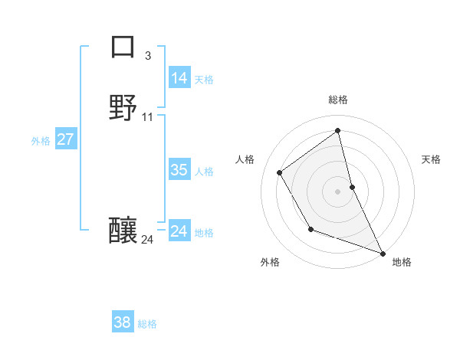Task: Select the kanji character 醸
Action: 123,230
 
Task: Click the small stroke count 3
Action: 147,55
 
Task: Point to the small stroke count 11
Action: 148,117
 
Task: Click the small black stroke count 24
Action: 147,240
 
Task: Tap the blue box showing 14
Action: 179,78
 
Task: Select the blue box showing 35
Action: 179,170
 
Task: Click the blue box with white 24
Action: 179,231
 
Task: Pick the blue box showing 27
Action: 66,139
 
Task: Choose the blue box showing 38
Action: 123,322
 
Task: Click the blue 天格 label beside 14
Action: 204,79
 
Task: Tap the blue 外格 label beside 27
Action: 41,140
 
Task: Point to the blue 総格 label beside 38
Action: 147,323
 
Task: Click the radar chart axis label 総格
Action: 338,100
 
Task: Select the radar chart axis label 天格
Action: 431,159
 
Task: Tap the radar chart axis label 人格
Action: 245,159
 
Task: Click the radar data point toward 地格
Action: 383,253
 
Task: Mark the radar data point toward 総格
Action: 338,131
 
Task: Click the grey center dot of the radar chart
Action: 338,191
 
